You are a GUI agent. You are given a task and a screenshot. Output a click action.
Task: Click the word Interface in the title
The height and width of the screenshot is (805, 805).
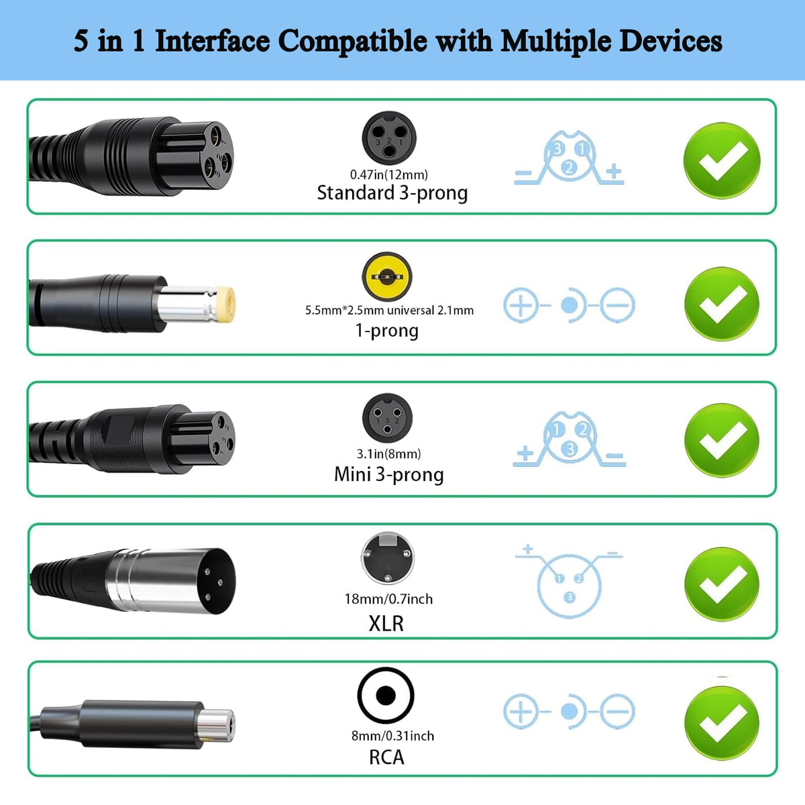(212, 42)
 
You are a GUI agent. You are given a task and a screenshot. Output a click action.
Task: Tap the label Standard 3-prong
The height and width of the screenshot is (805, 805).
(392, 193)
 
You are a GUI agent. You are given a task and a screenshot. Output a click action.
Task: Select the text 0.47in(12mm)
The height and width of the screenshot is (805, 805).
(389, 174)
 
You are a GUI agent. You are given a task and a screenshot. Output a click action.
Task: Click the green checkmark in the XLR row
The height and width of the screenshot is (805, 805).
(722, 584)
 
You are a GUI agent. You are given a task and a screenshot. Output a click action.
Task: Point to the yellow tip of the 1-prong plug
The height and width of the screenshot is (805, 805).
(225, 304)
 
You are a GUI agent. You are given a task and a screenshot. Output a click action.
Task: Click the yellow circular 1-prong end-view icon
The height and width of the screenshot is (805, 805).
(387, 276)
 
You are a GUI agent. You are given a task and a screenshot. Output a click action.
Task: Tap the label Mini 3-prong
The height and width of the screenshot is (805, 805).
(389, 475)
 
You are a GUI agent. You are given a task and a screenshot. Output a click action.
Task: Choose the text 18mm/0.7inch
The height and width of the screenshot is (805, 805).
(388, 599)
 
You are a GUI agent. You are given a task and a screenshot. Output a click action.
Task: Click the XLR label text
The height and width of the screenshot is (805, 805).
(386, 624)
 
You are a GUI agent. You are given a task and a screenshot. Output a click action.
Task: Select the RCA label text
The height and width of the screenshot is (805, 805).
(386, 757)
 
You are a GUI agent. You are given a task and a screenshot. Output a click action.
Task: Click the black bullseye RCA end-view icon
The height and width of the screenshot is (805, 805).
(386, 695)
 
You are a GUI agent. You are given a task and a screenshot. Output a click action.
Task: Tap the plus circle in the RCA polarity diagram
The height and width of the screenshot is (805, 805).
(521, 711)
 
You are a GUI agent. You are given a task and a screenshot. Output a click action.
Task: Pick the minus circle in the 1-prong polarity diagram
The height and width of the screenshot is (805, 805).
(617, 305)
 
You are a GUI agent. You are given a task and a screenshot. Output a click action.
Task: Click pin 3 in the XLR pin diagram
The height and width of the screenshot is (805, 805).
(570, 598)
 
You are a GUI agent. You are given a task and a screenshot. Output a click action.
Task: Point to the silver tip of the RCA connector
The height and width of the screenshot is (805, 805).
(217, 727)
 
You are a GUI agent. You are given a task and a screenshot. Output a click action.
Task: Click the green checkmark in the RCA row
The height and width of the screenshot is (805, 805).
(722, 723)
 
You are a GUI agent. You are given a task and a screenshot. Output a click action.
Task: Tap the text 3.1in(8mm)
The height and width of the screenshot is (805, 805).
(388, 454)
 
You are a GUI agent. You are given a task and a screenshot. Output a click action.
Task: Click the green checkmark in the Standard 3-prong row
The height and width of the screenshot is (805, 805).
(722, 160)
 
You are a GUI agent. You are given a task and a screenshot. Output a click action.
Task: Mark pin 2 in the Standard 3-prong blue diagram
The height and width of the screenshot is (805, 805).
(569, 168)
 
